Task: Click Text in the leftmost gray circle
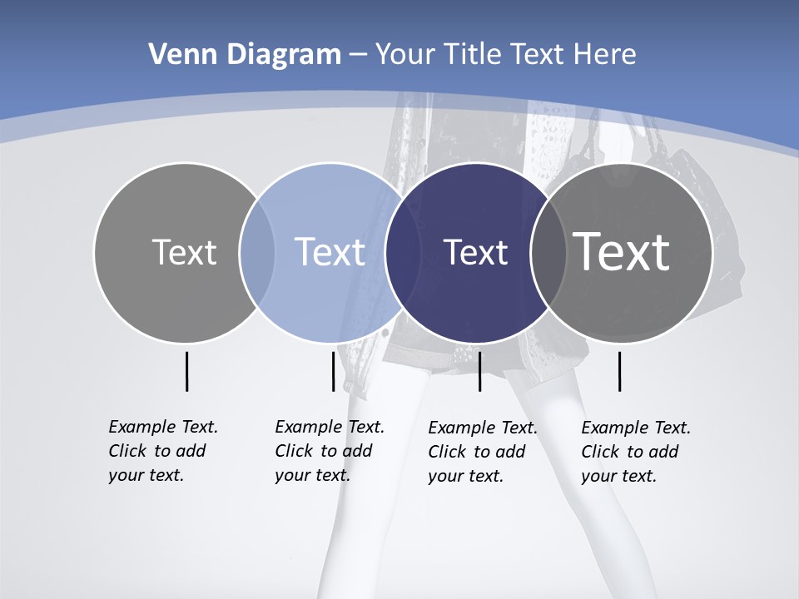click(x=184, y=252)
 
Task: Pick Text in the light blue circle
click(x=330, y=252)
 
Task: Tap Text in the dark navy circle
click(x=476, y=252)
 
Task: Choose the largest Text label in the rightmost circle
click(x=622, y=252)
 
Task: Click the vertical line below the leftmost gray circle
click(x=186, y=371)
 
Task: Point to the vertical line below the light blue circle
click(x=333, y=371)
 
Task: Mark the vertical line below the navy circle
click(x=479, y=371)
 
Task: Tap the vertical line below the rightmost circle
click(x=619, y=371)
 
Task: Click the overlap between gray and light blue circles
click(x=257, y=253)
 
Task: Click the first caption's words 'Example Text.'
click(x=163, y=427)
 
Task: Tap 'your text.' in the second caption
click(x=312, y=475)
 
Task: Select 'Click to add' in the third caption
click(x=477, y=452)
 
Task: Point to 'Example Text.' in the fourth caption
click(x=636, y=428)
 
